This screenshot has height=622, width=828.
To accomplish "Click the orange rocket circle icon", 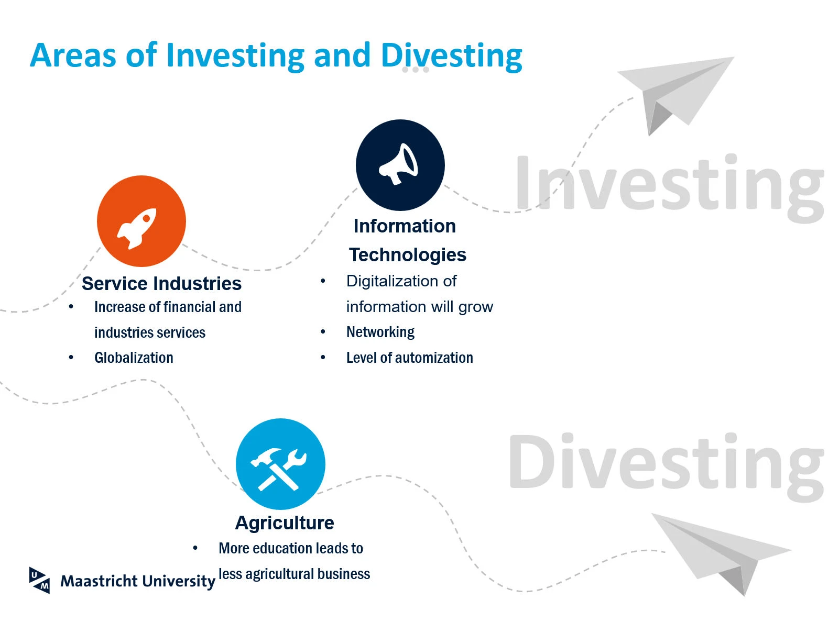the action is [141, 221].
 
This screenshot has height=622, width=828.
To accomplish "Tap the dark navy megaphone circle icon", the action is [400, 165].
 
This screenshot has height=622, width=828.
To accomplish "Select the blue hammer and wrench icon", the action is [280, 464].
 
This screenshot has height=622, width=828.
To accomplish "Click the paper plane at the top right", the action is [675, 96].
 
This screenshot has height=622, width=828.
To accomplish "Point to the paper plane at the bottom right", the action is [721, 554].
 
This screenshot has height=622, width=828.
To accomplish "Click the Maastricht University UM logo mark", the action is [39, 580].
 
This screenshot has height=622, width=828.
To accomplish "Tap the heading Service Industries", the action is [161, 283].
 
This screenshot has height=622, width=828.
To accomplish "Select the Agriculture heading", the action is [285, 523].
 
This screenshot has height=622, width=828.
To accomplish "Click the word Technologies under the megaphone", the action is [407, 255].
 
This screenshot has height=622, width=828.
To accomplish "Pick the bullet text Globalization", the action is [134, 358].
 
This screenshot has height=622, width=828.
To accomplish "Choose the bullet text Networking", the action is [380, 332].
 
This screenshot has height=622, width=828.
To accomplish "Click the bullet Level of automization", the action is [410, 358].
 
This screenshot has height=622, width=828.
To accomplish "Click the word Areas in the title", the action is [73, 55].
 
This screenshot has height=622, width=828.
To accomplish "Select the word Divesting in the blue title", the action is [451, 57].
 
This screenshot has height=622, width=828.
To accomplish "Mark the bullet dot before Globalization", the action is [71, 357].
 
